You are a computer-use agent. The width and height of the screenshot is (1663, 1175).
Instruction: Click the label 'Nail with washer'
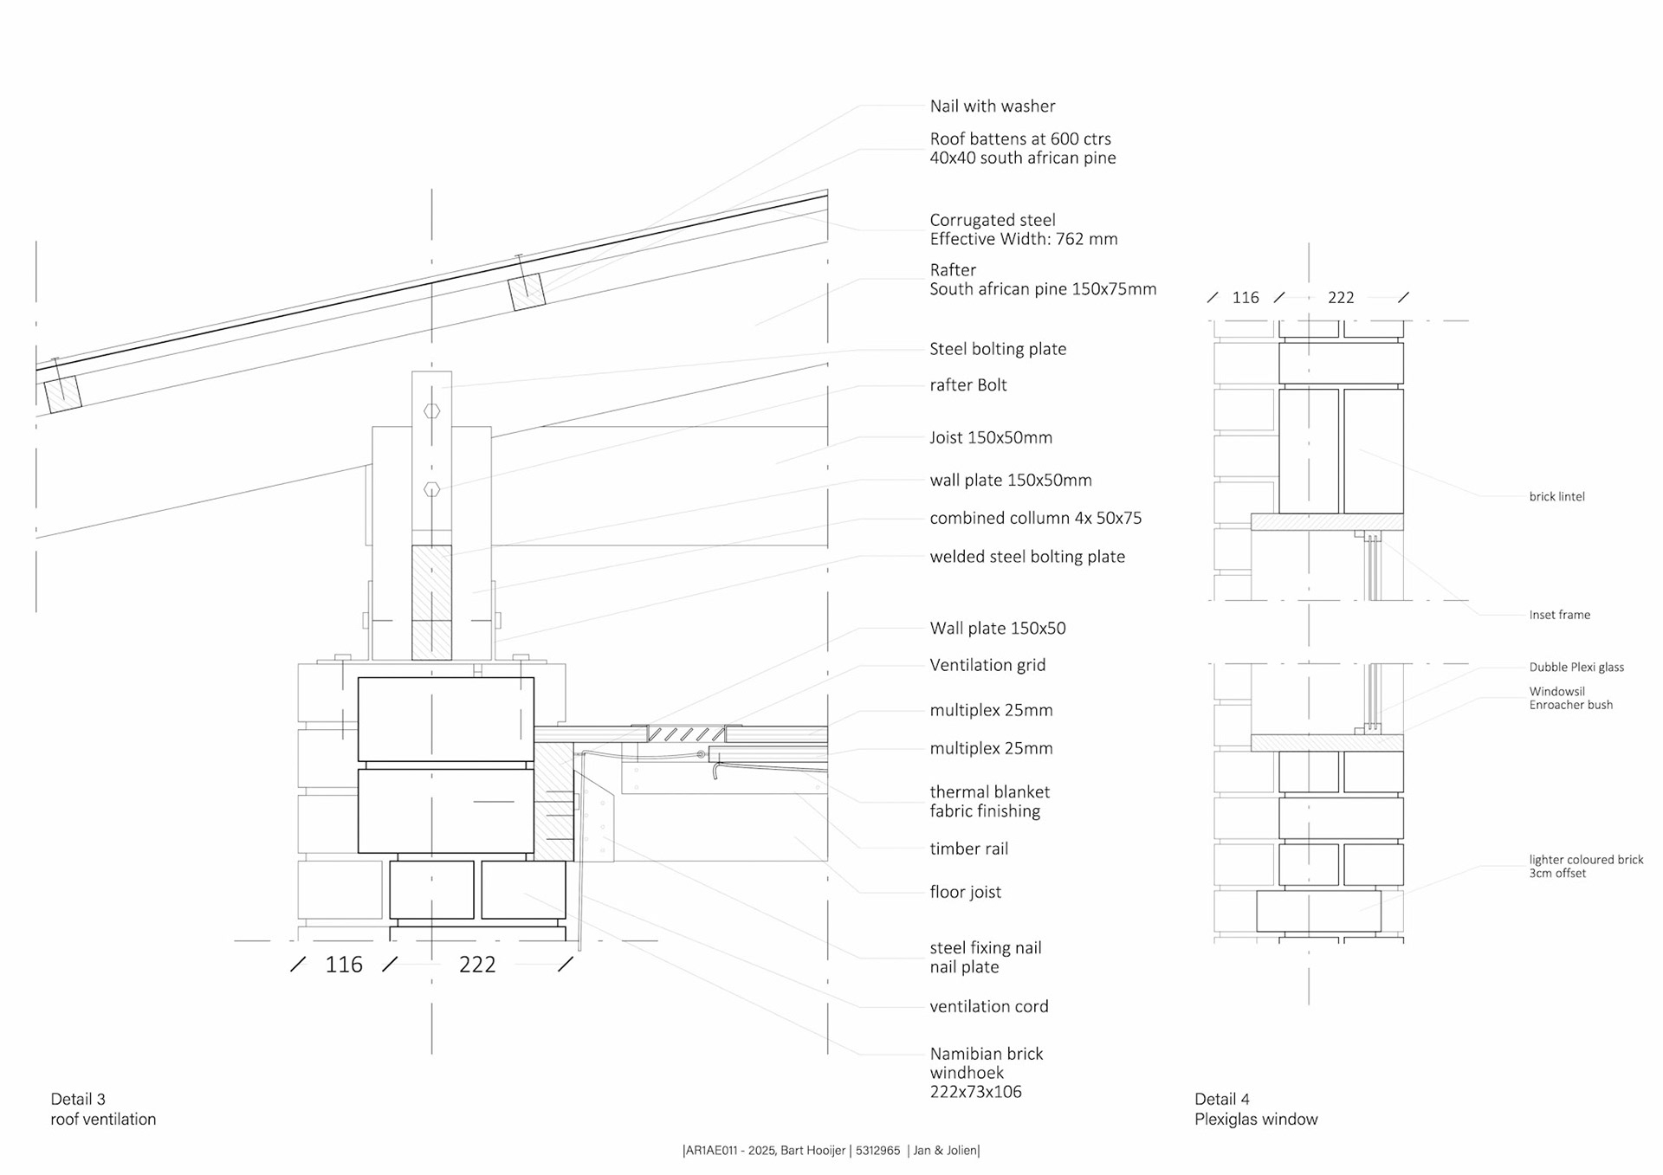click(x=992, y=107)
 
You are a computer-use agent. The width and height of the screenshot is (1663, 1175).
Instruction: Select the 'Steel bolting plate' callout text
click(x=997, y=349)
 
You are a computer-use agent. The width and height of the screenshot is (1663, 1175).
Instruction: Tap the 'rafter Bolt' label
click(x=967, y=385)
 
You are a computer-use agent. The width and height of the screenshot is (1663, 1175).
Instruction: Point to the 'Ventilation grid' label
click(x=987, y=665)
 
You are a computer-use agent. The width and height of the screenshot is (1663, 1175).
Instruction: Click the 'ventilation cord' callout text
click(x=988, y=1006)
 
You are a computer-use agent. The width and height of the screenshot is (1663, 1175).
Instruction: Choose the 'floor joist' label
click(x=965, y=892)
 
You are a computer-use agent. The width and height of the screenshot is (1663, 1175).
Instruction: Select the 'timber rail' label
click(x=968, y=849)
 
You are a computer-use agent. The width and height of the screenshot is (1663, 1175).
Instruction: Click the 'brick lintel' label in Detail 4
click(x=1556, y=497)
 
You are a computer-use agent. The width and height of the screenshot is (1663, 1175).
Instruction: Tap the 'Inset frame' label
click(x=1559, y=615)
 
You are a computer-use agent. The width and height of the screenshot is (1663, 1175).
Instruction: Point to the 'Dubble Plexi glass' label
click(x=1576, y=667)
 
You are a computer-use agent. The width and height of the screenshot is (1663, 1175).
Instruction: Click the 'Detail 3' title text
click(x=78, y=1099)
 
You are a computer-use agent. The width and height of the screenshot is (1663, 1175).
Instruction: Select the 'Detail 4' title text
click(x=1221, y=1099)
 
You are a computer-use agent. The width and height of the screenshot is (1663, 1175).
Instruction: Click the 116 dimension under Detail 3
click(x=343, y=965)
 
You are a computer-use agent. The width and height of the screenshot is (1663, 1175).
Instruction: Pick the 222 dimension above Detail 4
click(x=1340, y=298)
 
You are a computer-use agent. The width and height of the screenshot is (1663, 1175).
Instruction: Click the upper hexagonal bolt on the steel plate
click(x=431, y=411)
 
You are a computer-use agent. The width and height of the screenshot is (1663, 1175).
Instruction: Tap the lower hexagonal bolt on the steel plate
click(x=431, y=489)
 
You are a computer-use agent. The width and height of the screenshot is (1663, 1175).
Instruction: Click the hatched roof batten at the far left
click(x=63, y=393)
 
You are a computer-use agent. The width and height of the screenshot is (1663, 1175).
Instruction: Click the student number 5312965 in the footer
click(x=877, y=1151)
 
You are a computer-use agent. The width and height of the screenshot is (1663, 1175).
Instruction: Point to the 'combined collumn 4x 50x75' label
click(x=1035, y=519)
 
